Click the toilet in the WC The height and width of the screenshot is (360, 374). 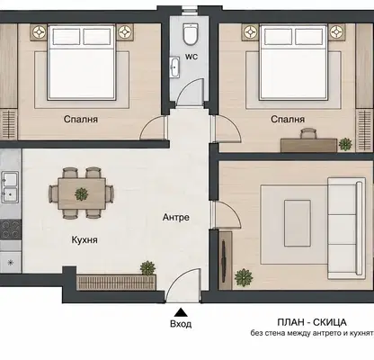[x=191, y=34]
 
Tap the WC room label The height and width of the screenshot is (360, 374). [x=191, y=57]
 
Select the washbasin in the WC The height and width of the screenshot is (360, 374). [x=174, y=67]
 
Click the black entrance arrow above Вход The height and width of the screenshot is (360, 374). [x=181, y=312]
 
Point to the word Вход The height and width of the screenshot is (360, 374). [x=181, y=324]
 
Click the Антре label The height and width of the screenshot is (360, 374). [x=176, y=217]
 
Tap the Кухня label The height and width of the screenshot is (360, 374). [x=85, y=239]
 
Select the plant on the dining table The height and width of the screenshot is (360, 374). [x=81, y=193]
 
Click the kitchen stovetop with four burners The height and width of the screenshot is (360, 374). [x=11, y=229]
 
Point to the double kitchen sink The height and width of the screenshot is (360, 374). [x=10, y=187]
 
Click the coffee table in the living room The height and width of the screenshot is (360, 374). [x=298, y=223]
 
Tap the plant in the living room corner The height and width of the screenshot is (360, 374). [x=244, y=277]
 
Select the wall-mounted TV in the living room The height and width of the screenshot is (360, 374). [x=224, y=260]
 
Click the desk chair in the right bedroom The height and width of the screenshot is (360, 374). [x=308, y=133]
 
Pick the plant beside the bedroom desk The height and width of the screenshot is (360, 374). [x=345, y=144]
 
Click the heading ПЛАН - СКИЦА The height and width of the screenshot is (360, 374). [x=312, y=322]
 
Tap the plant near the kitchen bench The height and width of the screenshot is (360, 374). [x=148, y=268]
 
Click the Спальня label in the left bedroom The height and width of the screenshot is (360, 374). [x=81, y=119]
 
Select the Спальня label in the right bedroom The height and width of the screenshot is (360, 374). [x=288, y=119]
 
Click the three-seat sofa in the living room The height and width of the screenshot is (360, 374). [x=346, y=228]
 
